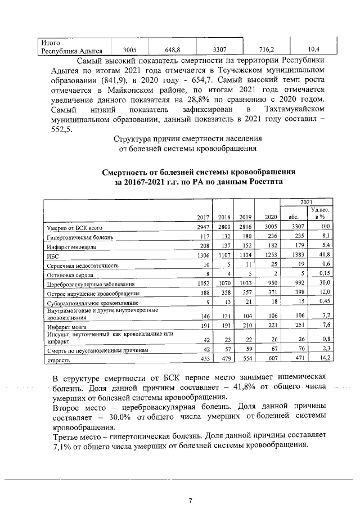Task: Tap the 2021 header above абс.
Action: pos(305,201)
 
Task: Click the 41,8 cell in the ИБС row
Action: pos(323,256)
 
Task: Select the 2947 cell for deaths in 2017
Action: pos(203,227)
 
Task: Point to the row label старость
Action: pos(58,360)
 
